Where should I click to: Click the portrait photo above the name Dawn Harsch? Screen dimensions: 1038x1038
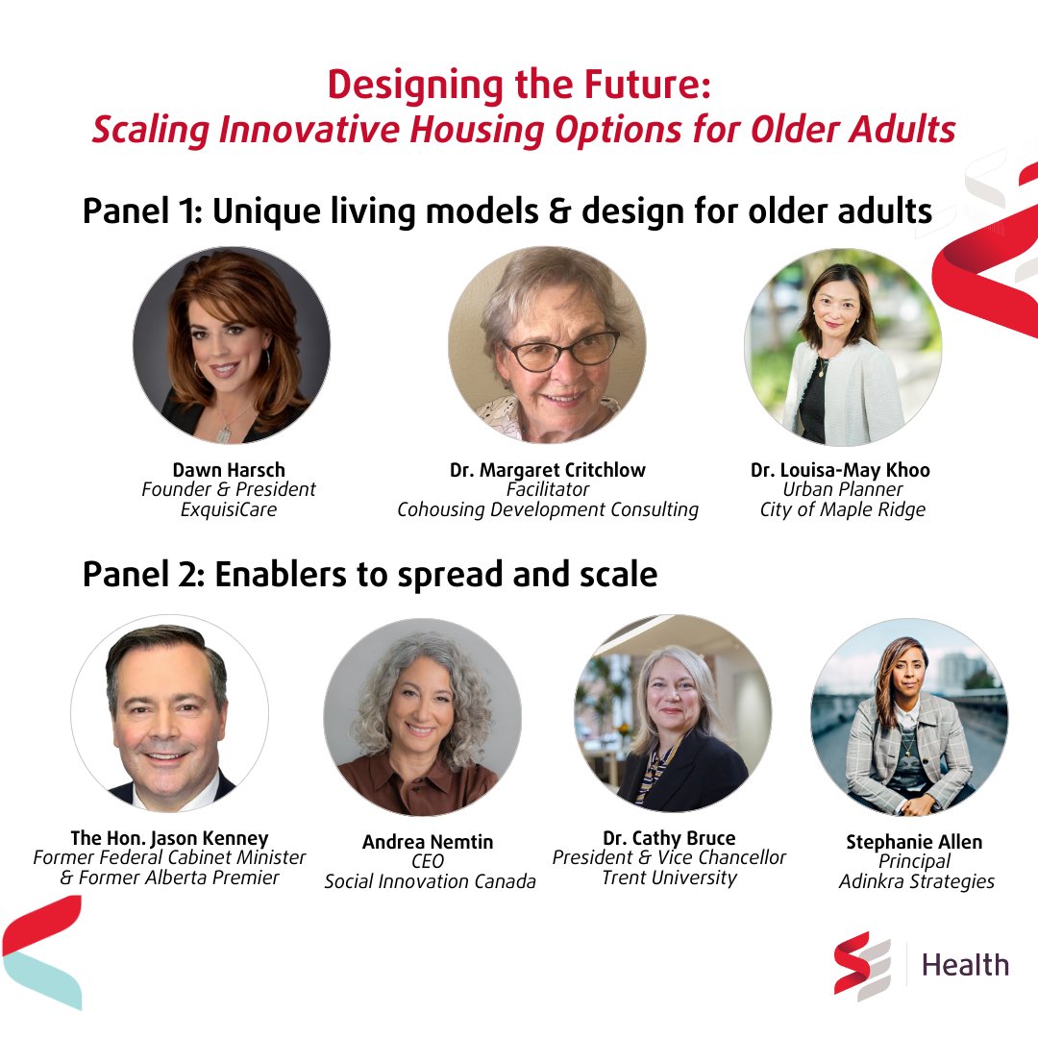coord(232,345)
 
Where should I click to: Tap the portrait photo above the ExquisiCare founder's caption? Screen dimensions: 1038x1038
coord(232,345)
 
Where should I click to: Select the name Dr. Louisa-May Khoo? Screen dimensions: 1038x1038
coord(840,470)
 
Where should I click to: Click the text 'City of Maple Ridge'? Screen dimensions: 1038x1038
coord(842,509)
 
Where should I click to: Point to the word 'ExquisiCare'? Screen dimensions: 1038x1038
coord(229,509)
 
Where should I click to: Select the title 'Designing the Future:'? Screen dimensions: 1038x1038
coord(519,86)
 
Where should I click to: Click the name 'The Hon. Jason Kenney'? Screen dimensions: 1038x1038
coord(169,837)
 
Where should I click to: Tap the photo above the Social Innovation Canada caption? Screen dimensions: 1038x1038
coord(423,717)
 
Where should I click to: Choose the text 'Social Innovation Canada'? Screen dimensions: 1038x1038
coord(430,881)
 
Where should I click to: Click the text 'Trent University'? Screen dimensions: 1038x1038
coord(669,877)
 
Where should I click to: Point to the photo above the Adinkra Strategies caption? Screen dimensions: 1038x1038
coord(908,717)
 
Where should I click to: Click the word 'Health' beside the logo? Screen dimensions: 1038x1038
coord(965,964)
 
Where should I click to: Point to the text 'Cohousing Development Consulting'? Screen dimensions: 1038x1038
coord(548,509)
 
